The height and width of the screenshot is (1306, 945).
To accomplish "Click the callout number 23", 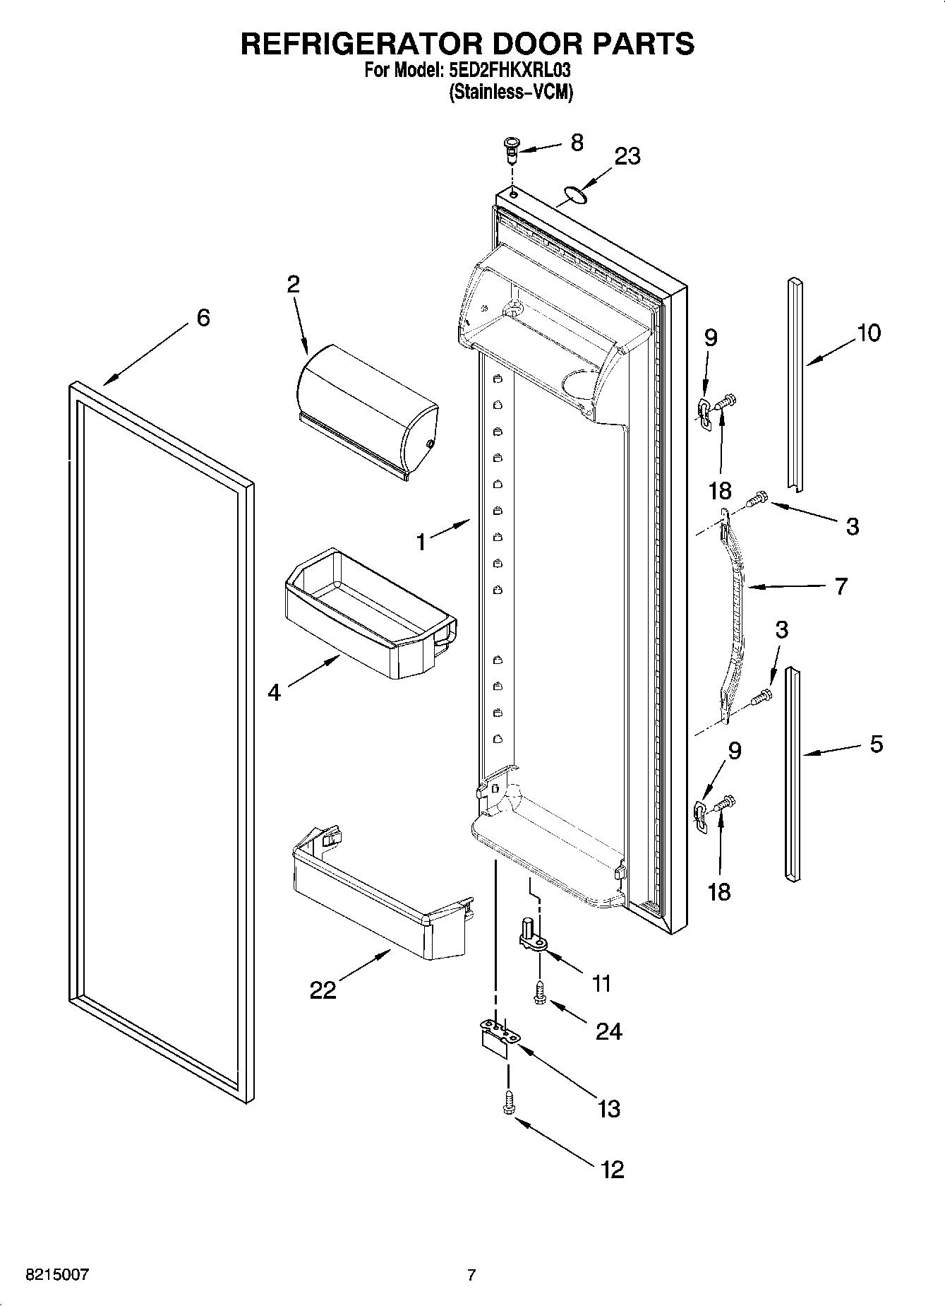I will (627, 156).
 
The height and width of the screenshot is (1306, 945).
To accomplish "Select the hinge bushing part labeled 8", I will (511, 150).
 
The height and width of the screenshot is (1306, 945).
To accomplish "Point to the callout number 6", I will (203, 318).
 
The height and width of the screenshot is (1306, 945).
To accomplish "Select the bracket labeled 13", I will (500, 1038).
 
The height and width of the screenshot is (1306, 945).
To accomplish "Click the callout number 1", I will (421, 542).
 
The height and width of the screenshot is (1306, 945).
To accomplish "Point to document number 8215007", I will (56, 1275).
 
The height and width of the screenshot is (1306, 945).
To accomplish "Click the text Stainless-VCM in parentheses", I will (510, 92).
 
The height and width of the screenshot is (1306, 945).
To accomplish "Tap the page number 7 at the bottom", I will (471, 1275).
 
